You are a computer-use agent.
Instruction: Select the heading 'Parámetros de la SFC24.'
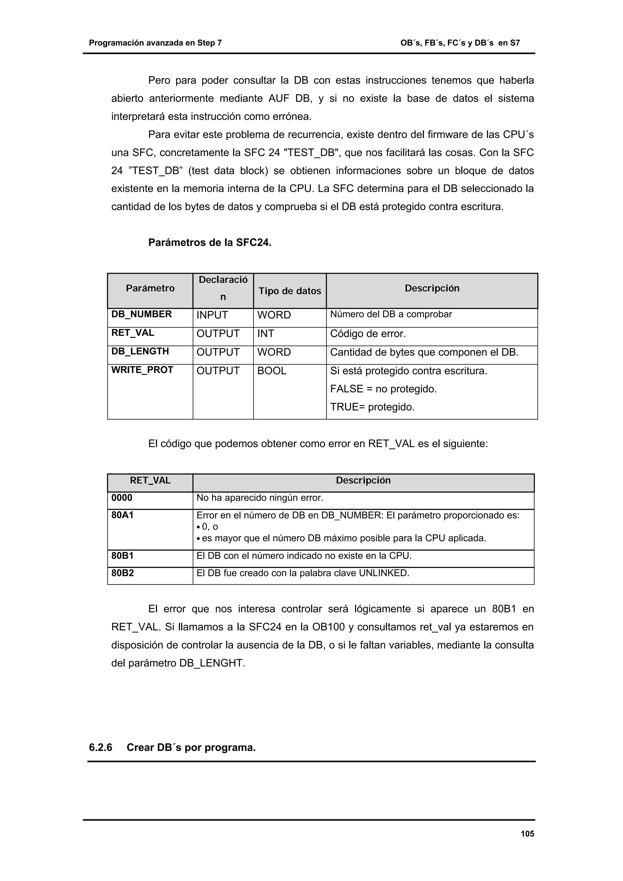point(210,243)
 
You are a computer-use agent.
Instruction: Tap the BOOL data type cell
point(272,371)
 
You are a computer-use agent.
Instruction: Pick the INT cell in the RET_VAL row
point(266,333)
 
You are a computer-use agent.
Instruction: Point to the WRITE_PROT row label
point(142,370)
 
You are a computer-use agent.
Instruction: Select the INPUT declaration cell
point(212,315)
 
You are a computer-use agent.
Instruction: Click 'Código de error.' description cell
point(368,333)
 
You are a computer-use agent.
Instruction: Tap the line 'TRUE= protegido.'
point(372,407)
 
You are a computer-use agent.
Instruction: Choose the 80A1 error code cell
point(123,515)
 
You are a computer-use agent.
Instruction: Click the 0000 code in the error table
point(122,498)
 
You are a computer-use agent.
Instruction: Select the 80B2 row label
point(123,573)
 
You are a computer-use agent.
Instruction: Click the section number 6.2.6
point(101,748)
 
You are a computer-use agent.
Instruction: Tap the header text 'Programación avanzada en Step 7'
point(155,43)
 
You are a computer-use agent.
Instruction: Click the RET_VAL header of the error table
point(150,480)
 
